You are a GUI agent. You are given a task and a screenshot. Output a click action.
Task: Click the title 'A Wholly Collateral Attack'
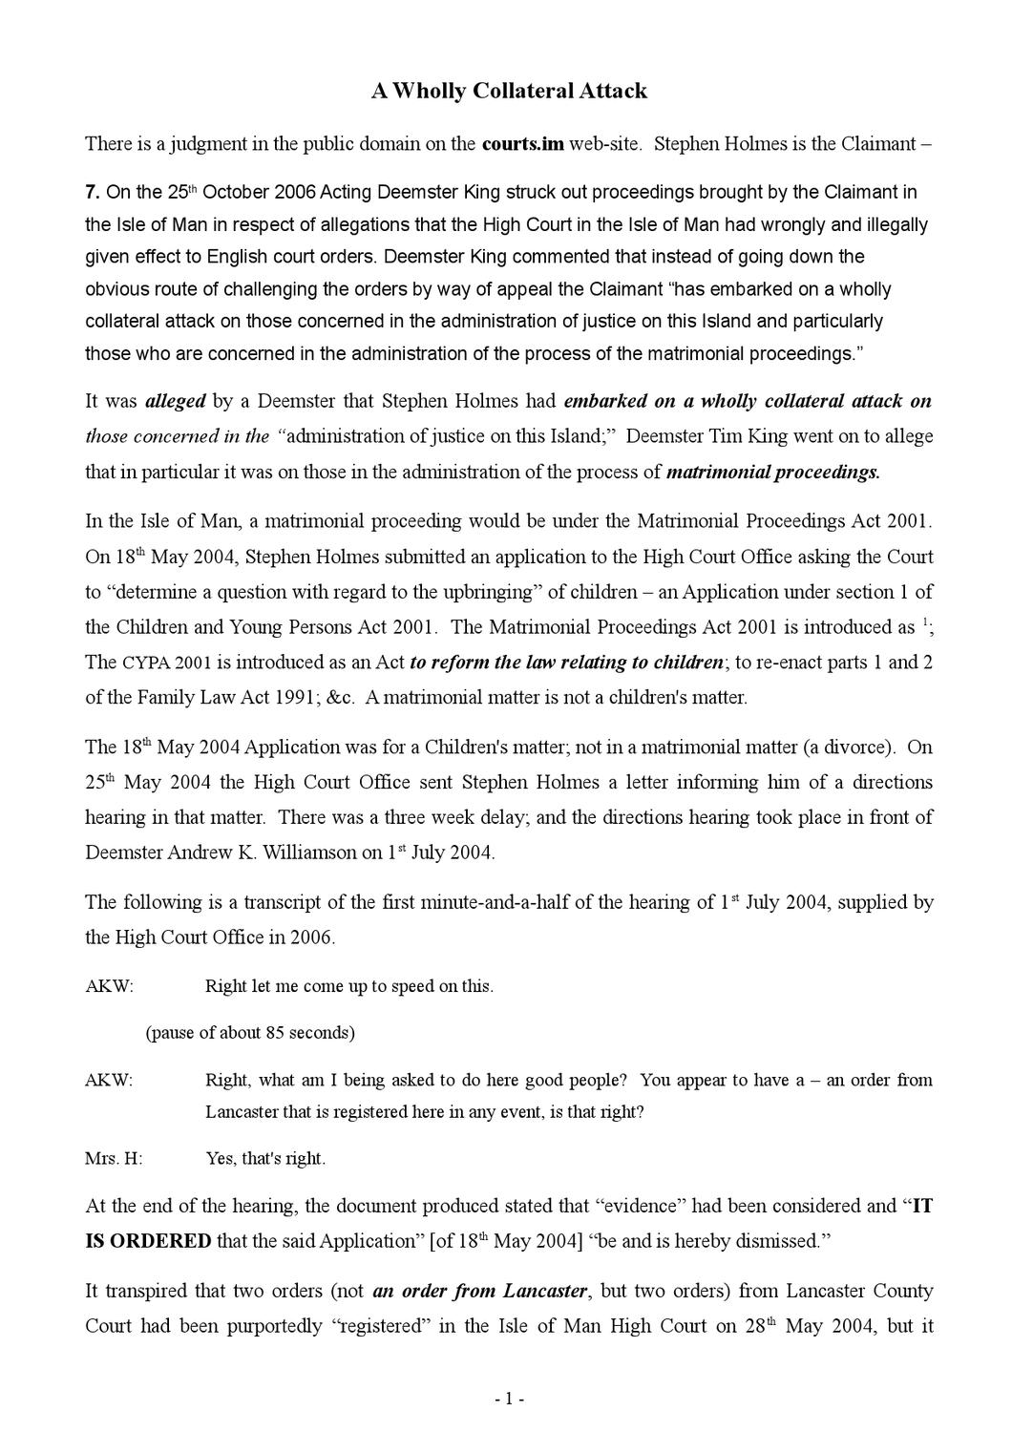[509, 91]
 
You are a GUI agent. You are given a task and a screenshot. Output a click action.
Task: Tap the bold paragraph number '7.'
[93, 192]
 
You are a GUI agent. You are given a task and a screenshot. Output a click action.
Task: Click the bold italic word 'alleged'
[175, 401]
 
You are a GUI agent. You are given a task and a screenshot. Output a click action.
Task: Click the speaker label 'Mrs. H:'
[114, 1159]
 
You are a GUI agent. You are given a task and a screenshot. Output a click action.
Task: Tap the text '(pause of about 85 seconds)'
[250, 1032]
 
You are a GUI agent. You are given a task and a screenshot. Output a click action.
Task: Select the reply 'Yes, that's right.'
[265, 1159]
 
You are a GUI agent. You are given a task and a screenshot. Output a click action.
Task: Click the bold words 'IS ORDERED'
[148, 1241]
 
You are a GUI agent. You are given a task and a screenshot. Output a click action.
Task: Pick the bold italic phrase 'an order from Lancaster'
[479, 1291]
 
